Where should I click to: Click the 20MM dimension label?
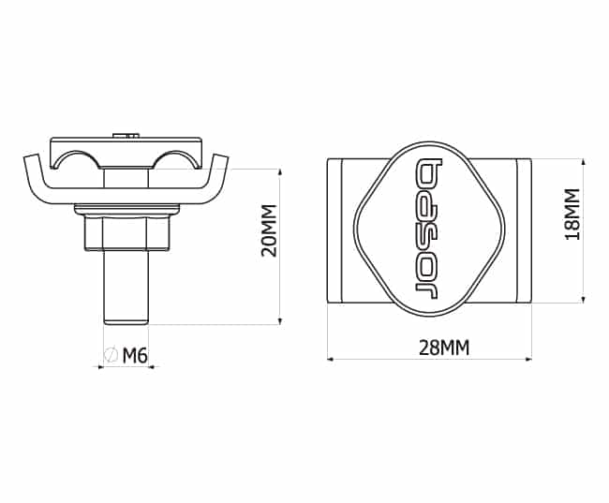[x=269, y=230]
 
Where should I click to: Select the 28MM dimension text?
[x=444, y=348]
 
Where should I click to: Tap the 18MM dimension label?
[x=572, y=214]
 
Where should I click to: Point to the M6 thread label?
[x=135, y=355]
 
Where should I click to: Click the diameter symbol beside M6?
[x=111, y=354]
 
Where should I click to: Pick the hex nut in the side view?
[x=127, y=233]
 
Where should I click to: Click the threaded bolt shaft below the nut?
[x=126, y=287]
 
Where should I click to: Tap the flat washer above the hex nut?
[x=127, y=209]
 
